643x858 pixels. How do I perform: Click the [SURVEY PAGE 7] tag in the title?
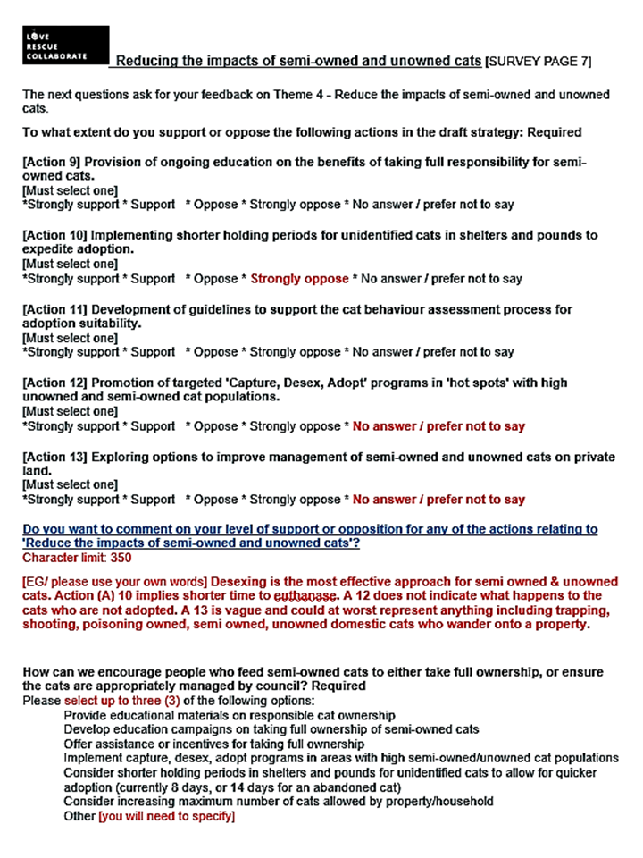538,62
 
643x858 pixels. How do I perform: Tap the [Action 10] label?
55,236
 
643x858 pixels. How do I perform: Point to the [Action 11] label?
55,309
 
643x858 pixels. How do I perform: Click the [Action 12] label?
55,383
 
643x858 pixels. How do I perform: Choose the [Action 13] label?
55,457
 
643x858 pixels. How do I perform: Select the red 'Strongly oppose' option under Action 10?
299,279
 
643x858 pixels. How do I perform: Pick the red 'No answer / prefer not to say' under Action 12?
438,426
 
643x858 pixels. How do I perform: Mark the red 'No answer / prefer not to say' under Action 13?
438,500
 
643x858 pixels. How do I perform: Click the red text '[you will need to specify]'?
166,816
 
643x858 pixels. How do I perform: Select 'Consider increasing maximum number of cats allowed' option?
279,802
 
